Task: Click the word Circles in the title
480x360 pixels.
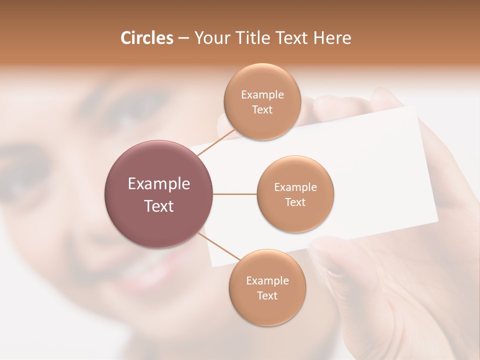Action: tap(147, 38)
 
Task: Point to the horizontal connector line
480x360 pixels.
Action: tap(235, 194)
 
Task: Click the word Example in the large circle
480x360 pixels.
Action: tap(159, 184)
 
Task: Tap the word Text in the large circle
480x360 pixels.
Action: tap(159, 206)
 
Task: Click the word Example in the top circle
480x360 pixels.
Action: tap(262, 95)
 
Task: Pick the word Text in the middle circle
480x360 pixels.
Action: tap(295, 202)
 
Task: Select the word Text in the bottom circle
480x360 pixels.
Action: tap(267, 296)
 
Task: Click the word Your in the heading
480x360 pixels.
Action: tap(208, 38)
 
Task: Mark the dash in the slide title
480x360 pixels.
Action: tap(183, 38)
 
